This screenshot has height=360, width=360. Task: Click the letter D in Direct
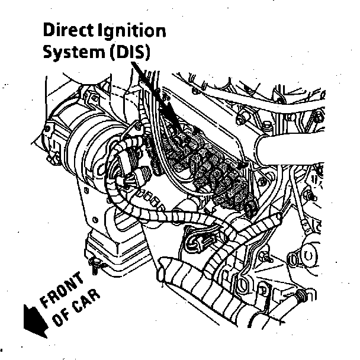coord(48,30)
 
